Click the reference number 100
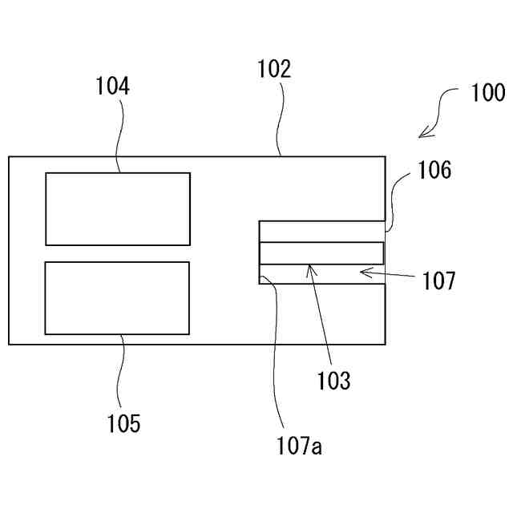click(487, 94)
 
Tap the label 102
click(274, 70)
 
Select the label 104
click(113, 87)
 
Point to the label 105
click(123, 422)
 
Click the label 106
click(434, 170)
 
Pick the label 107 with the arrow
click(438, 281)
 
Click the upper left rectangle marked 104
click(117, 208)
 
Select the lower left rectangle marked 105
click(117, 297)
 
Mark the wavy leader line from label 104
click(119, 136)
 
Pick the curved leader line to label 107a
click(277, 353)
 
